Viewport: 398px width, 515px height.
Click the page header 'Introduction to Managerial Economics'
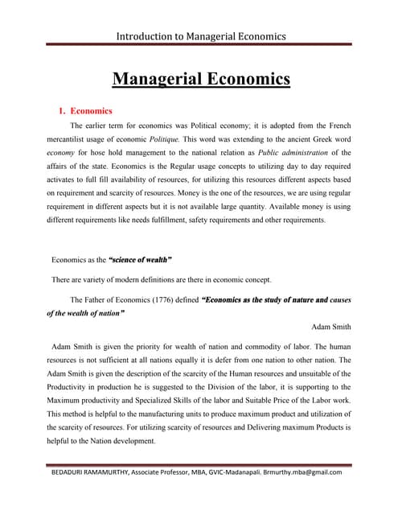coord(201,36)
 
